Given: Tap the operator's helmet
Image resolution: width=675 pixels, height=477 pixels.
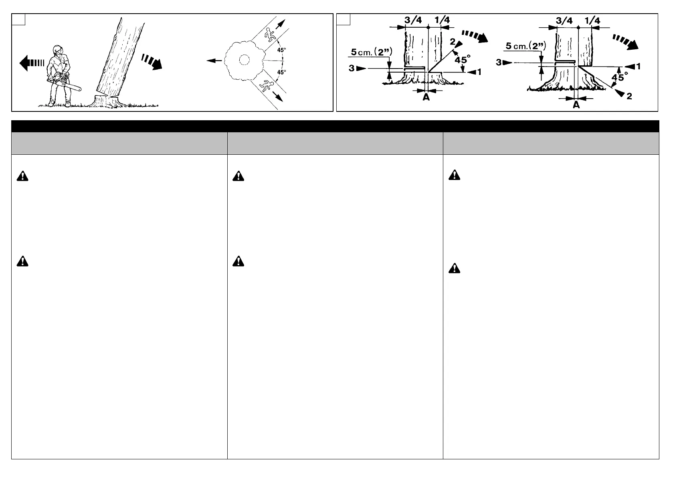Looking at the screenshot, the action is [58, 50].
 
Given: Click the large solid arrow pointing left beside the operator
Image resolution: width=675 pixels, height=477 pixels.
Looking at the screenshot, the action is [32, 63].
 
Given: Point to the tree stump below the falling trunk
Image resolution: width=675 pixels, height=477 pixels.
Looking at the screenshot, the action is [105, 101].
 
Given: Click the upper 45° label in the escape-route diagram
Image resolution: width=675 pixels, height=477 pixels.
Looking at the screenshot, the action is [282, 50].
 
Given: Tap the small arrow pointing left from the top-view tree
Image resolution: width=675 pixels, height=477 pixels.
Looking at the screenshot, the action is [214, 61].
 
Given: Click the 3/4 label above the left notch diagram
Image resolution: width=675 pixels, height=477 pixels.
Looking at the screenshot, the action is [413, 20].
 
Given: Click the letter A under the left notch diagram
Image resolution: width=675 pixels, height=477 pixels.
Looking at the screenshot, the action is [426, 97].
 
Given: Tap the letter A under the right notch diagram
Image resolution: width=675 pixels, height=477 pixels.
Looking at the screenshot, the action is [576, 105].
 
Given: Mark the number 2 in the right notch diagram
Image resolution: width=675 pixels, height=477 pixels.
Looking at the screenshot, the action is [629, 96].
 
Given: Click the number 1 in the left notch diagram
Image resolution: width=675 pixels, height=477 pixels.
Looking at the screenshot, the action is [479, 73].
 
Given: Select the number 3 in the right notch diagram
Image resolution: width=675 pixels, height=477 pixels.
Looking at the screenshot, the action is [499, 63].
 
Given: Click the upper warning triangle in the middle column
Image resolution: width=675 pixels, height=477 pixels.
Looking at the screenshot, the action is [238, 176].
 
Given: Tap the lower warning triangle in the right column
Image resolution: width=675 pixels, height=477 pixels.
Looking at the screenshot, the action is [454, 269].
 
